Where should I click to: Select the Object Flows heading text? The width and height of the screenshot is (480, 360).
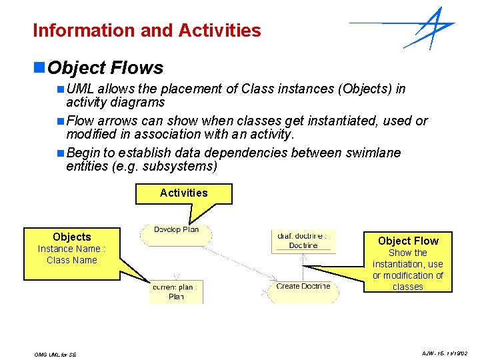click(x=105, y=68)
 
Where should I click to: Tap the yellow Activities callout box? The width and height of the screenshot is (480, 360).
click(x=184, y=193)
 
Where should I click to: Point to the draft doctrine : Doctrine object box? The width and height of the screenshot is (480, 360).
click(x=303, y=241)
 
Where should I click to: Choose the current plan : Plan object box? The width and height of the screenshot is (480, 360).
click(x=176, y=292)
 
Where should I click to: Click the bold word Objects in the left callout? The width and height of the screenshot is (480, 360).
click(x=71, y=237)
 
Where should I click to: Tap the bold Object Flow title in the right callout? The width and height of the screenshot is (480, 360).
click(x=408, y=241)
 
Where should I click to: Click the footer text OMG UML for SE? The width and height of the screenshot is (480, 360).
click(x=55, y=355)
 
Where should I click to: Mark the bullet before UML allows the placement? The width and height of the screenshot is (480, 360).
click(x=61, y=89)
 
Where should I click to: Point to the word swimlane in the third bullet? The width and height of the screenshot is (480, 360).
click(x=370, y=153)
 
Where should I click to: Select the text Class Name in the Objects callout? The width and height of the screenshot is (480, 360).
click(x=71, y=260)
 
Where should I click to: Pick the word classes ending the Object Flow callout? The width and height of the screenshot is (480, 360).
click(x=407, y=287)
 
